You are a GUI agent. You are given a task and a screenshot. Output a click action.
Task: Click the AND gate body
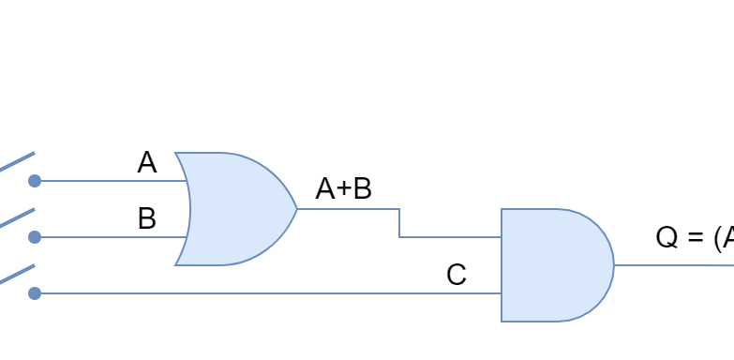coord(553,265)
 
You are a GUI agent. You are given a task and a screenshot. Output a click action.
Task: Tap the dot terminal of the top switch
coord(35,181)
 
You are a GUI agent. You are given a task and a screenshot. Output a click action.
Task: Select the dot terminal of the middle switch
coord(35,237)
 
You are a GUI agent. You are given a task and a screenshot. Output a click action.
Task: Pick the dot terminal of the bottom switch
coord(35,293)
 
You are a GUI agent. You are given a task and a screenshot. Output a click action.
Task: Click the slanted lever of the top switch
coord(17,161)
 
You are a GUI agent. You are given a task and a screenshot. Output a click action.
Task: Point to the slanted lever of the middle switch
coord(17,217)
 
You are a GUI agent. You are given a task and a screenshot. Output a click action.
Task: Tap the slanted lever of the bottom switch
coord(17,274)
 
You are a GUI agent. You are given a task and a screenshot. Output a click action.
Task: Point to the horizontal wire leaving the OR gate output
coord(347,209)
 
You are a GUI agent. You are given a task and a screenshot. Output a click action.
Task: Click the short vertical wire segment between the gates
coord(399,223)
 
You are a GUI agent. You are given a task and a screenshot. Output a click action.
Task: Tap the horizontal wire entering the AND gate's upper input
coord(450,237)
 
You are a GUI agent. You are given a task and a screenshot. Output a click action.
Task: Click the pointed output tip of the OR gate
coord(296,209)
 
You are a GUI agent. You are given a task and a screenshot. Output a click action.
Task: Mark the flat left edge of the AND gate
coord(502,265)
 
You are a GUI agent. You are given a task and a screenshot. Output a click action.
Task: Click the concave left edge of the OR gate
coord(188,209)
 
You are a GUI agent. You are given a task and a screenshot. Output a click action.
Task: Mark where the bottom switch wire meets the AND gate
coord(502,293)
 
